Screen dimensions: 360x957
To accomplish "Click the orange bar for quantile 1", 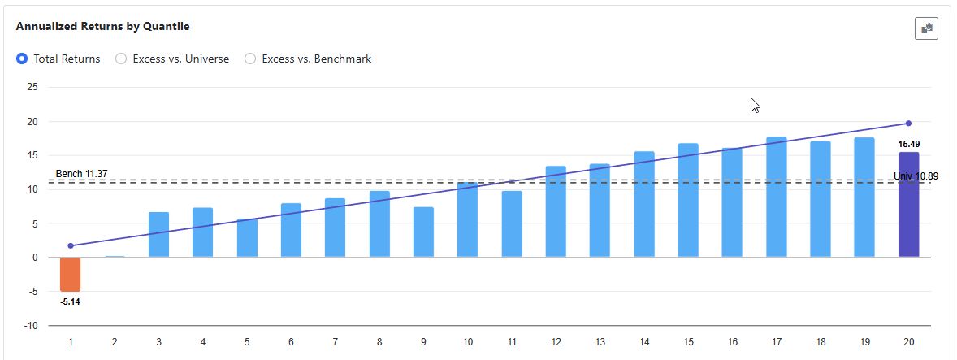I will tap(71, 274).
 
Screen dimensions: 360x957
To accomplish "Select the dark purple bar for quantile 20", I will tap(908, 205).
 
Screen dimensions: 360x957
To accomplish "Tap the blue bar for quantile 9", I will tap(423, 232).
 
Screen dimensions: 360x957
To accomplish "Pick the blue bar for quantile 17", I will tap(777, 197).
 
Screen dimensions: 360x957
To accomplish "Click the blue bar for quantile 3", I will tap(158, 235).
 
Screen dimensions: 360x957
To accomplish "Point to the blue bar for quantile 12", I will tap(556, 211).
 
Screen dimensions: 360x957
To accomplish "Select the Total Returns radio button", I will tap(22, 59).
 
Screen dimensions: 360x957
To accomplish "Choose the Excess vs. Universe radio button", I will tap(121, 59).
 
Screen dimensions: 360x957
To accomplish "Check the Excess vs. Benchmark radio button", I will tap(250, 59).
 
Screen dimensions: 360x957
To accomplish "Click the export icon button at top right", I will tap(926, 28).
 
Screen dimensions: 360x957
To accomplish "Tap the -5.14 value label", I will tap(71, 301).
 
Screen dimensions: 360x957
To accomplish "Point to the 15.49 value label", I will tap(908, 144).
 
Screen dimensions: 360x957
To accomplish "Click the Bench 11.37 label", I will tap(81, 174).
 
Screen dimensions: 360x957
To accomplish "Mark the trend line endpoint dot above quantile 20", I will tap(908, 124).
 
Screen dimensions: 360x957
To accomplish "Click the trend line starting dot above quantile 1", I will tap(71, 245).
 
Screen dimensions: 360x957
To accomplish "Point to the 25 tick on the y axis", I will tap(32, 87).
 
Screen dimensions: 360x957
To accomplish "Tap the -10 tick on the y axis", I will tap(31, 326).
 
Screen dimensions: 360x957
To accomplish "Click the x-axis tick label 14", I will tap(644, 343).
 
